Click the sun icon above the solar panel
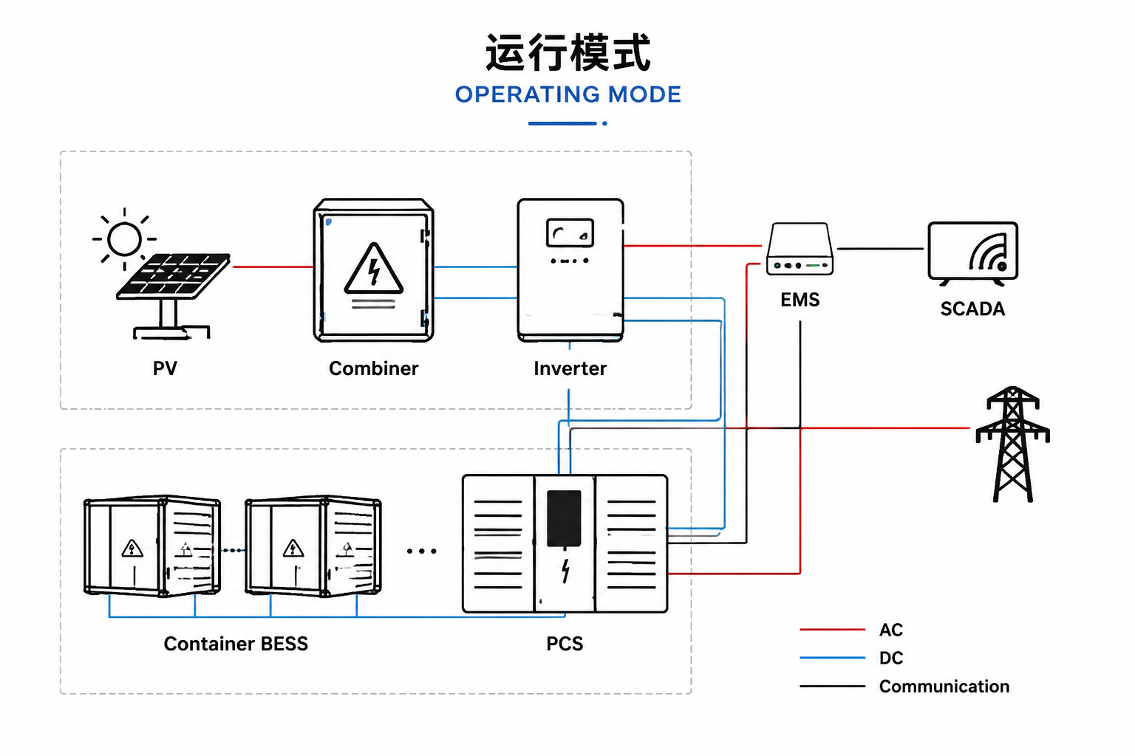pos(124,239)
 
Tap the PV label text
pos(166,368)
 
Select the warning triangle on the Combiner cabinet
pos(374,269)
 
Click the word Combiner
pos(373,368)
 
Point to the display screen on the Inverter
pos(570,233)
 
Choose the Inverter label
pos(570,368)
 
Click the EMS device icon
pos(800,249)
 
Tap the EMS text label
pos(800,300)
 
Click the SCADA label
pos(973,309)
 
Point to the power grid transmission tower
pos(1013,444)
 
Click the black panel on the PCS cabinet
pos(565,518)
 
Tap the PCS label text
pos(565,644)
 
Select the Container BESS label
pos(236,644)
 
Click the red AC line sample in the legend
pos(833,630)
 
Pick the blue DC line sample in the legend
pos(833,658)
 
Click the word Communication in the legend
pos(944,686)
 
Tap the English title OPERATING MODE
pos(568,94)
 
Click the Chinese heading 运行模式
pos(568,52)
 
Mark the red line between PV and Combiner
pos(273,267)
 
